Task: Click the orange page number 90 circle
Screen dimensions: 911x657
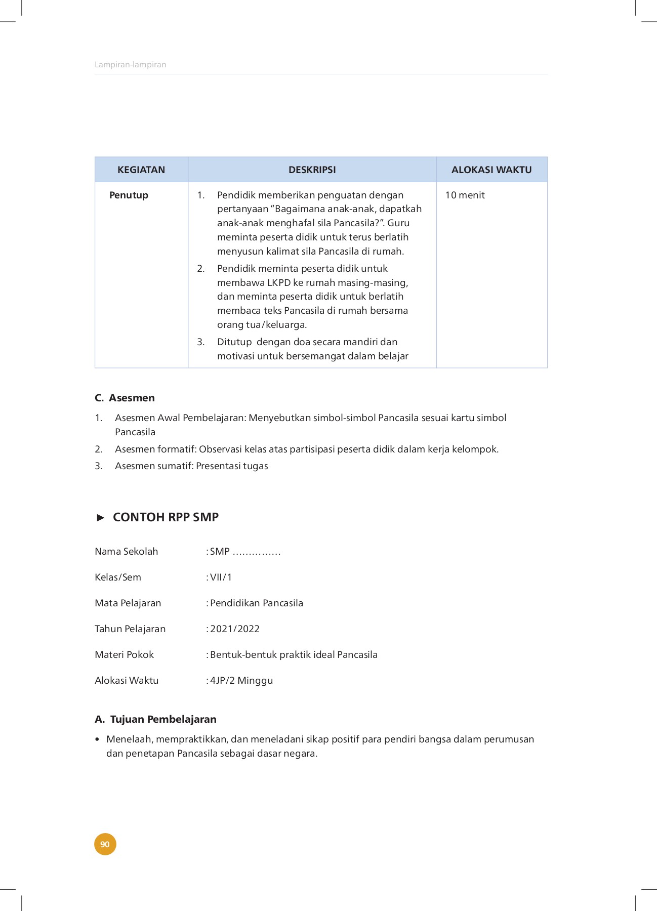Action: click(x=105, y=844)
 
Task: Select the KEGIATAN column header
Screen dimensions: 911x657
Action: click(x=141, y=170)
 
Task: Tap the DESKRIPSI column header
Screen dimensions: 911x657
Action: click(x=312, y=170)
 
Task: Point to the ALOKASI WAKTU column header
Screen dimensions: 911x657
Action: click(x=491, y=170)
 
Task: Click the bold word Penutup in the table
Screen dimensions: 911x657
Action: click(x=129, y=195)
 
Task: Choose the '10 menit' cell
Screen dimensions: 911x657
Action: click(x=465, y=195)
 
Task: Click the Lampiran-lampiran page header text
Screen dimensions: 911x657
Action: click(x=131, y=65)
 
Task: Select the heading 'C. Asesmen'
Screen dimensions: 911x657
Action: click(x=125, y=398)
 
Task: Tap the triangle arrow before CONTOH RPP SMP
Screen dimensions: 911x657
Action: click(x=101, y=517)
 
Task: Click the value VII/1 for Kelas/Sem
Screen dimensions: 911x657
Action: click(x=221, y=577)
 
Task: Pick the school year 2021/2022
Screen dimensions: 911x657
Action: click(x=235, y=629)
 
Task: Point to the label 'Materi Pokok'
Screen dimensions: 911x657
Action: click(x=124, y=655)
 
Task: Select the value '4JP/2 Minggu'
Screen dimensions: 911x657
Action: click(x=241, y=681)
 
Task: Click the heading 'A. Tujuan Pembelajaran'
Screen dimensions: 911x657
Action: click(x=155, y=719)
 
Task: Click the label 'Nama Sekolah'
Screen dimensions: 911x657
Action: click(x=126, y=552)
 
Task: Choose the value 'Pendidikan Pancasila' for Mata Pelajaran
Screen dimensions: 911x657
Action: click(x=257, y=603)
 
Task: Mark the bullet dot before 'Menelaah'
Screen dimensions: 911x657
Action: click(x=97, y=739)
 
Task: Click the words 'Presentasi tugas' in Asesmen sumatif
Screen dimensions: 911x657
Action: click(x=232, y=466)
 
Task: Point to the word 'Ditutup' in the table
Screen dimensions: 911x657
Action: click(x=234, y=342)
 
